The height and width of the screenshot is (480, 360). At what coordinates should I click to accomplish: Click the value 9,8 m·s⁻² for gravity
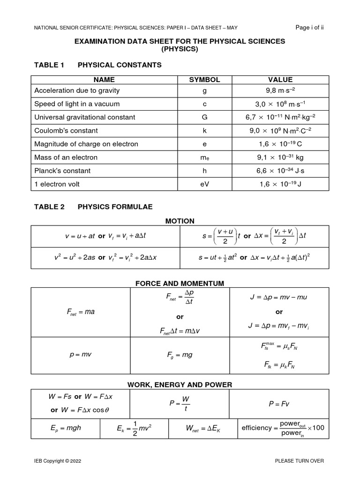pos(280,90)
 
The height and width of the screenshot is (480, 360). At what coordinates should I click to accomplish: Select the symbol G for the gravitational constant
pos(204,117)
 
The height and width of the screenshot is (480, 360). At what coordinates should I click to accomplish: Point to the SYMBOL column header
pos(204,80)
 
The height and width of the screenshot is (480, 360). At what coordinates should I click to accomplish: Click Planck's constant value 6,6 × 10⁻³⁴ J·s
pos(280,171)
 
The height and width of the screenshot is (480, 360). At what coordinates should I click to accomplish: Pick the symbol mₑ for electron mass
pos(204,157)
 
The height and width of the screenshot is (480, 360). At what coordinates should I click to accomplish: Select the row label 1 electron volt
pos(57,184)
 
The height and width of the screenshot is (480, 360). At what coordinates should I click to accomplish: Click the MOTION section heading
pos(180,221)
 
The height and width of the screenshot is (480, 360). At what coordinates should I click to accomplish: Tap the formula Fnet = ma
pos(80,312)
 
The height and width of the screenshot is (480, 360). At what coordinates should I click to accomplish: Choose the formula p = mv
pos(80,354)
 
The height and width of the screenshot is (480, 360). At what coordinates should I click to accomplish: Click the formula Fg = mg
pos(180,355)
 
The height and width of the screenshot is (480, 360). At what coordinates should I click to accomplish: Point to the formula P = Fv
pos(279,403)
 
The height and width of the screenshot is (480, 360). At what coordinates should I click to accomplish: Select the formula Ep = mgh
pos(65,427)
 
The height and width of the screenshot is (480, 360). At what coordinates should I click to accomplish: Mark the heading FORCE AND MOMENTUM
pos(180,283)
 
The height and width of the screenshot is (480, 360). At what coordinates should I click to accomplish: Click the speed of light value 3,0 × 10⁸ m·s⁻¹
pos(280,104)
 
